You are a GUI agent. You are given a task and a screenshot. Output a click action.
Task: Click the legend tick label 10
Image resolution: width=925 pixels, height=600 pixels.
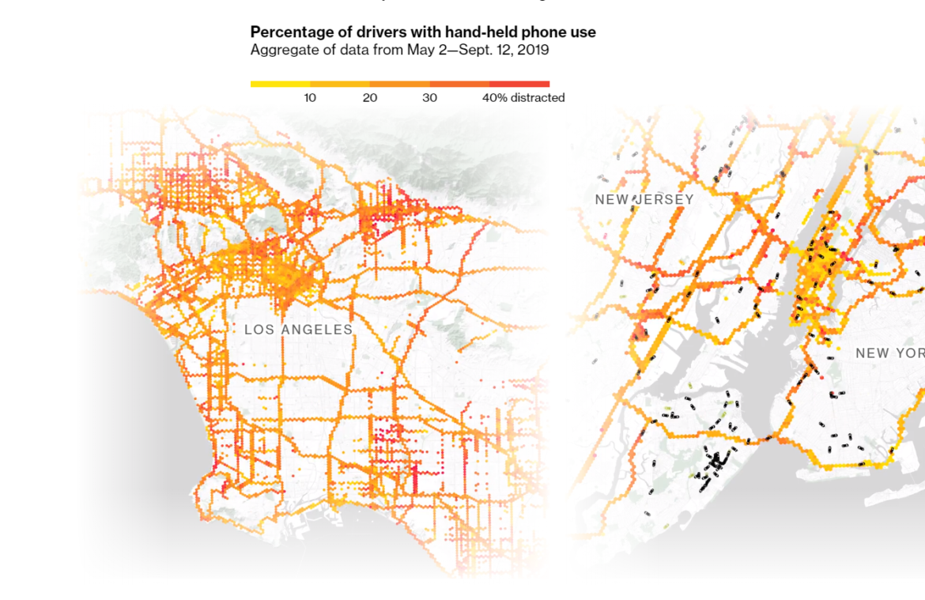tap(310, 98)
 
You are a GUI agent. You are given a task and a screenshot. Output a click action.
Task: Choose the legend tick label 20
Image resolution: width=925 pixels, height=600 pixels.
tap(370, 98)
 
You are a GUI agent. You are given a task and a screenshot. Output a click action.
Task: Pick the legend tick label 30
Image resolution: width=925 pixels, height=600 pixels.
tap(429, 98)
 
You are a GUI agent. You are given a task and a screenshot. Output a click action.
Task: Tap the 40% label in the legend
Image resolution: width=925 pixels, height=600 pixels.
tap(495, 98)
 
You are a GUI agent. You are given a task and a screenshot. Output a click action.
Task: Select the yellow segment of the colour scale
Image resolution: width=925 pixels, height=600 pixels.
tap(280, 84)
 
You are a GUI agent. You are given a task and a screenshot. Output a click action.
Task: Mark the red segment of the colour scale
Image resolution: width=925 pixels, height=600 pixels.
tap(519, 84)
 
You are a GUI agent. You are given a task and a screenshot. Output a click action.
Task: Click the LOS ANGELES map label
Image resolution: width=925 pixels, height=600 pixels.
tap(298, 330)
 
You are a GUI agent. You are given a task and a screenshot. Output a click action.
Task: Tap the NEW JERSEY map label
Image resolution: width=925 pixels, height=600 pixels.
tap(644, 200)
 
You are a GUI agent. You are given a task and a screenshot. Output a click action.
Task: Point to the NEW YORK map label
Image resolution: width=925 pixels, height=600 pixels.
tap(889, 353)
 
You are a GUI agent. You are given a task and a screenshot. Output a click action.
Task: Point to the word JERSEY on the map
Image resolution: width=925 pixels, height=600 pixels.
tap(666, 200)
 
